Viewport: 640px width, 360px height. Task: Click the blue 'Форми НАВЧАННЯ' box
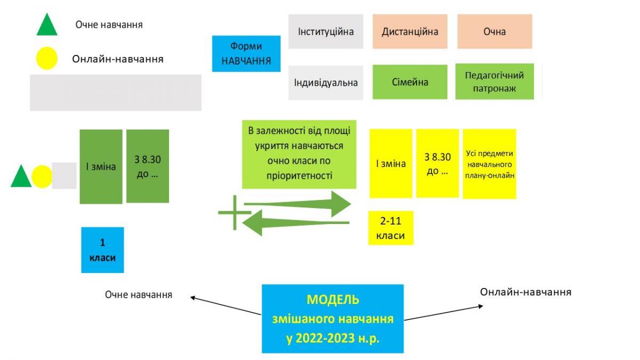246,54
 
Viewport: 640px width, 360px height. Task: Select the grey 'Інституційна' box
326,31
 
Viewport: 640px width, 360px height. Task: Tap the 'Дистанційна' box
410,31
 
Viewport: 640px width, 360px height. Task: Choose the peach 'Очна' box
494,31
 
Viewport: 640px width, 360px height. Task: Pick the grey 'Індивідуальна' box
326,83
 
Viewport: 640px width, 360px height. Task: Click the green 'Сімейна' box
410,82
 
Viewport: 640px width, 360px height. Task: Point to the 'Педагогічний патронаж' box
494,82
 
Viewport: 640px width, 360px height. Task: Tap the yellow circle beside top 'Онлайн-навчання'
46,58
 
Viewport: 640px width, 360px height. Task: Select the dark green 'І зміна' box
101,166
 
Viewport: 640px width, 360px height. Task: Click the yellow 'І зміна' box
391,163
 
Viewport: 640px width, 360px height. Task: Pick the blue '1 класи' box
102,250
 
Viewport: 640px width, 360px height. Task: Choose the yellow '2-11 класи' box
390,228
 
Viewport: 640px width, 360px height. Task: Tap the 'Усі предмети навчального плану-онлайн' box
490,164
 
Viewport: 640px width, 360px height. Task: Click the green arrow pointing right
298,204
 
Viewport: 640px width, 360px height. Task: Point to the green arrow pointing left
295,223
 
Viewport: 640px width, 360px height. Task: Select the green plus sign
235,213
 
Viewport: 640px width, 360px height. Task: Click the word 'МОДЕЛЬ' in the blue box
333,300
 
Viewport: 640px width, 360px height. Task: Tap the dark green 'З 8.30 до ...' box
147,166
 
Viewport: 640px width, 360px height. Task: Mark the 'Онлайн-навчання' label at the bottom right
525,292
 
